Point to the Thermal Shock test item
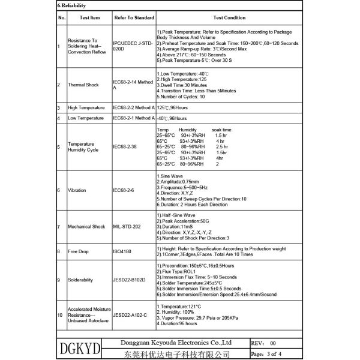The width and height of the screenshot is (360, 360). pos(83,85)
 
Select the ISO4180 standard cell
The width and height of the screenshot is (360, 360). pos(123,252)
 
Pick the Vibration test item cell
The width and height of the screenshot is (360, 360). pos(77,190)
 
